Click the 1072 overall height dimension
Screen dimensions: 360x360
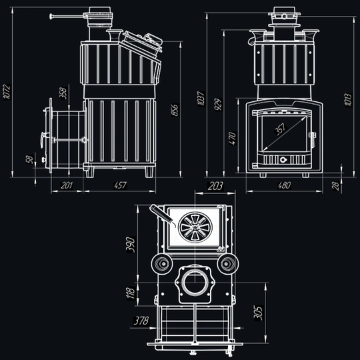point(7,92)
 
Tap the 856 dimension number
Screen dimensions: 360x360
point(175,110)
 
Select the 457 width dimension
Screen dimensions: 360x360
point(120,185)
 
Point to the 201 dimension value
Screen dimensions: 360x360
point(67,185)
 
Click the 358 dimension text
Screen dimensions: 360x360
point(63,93)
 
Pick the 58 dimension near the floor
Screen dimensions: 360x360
point(29,159)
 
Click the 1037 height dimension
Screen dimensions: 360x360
point(201,99)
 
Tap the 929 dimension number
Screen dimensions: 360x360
point(218,104)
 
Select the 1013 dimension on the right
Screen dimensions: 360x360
point(348,99)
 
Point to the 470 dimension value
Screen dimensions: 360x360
point(233,138)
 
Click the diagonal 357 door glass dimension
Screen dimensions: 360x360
point(280,129)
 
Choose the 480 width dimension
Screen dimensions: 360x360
point(284,185)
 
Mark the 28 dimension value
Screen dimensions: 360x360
point(335,186)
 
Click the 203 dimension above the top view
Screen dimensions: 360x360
point(215,186)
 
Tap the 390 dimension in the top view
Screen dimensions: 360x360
point(131,245)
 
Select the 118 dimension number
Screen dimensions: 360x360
point(131,293)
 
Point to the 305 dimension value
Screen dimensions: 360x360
point(258,313)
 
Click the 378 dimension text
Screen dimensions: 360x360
point(141,321)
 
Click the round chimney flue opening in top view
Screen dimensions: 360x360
point(195,283)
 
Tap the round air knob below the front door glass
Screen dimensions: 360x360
point(283,159)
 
